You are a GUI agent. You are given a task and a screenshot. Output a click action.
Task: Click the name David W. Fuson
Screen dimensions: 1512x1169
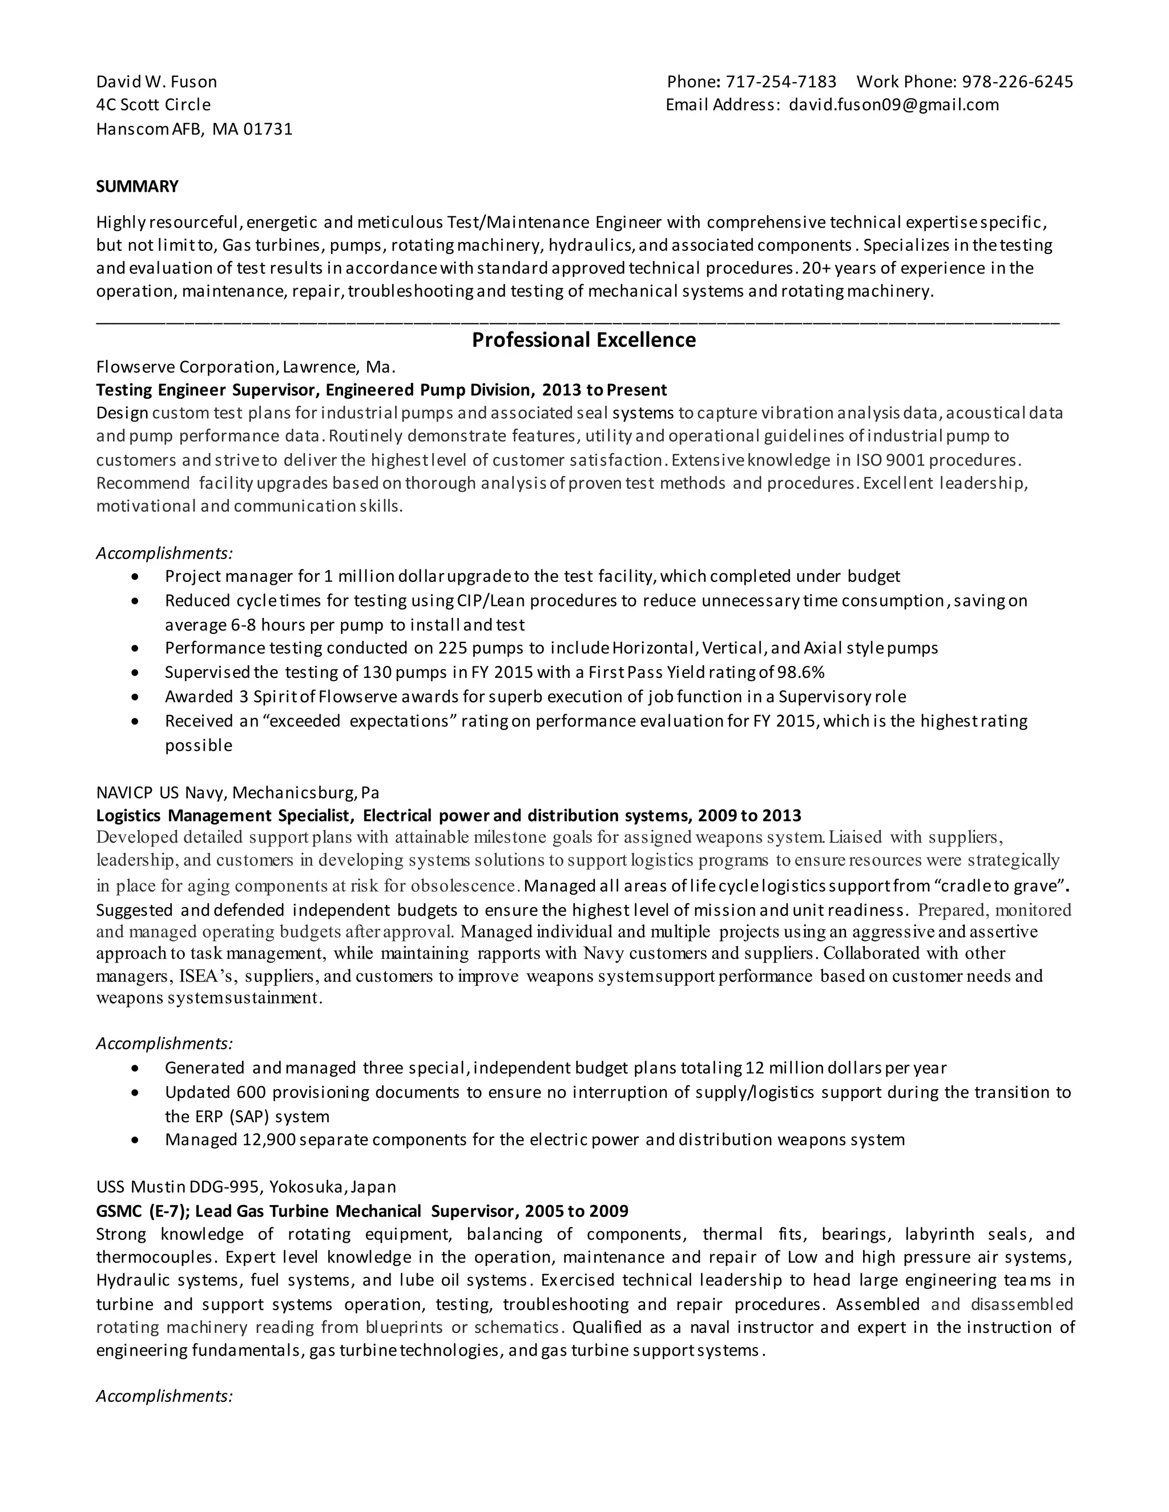pyautogui.click(x=156, y=82)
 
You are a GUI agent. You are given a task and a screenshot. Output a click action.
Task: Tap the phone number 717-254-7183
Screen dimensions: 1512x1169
pyautogui.click(x=781, y=82)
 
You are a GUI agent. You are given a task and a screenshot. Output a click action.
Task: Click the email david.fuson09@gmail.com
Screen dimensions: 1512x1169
pyautogui.click(x=894, y=104)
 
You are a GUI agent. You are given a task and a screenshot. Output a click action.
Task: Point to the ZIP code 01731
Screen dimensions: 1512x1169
pyautogui.click(x=268, y=129)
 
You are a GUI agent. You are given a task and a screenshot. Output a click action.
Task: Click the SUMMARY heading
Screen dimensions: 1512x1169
pyautogui.click(x=137, y=186)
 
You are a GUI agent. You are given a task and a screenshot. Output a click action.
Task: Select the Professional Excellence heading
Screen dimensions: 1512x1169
pyautogui.click(x=584, y=340)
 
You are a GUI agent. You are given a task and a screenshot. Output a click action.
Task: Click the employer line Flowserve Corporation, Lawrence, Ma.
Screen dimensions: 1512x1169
pyautogui.click(x=246, y=366)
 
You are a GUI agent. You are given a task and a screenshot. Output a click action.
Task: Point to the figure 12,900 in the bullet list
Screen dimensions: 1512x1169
pyautogui.click(x=269, y=1139)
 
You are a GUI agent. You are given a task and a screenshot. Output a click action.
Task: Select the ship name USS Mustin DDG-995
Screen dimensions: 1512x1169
pyautogui.click(x=178, y=1187)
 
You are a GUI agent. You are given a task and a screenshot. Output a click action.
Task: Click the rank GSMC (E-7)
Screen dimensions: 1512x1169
pyautogui.click(x=142, y=1211)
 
